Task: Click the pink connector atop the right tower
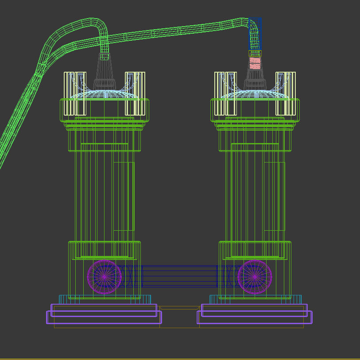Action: click(x=255, y=63)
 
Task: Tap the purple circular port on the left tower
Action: click(x=104, y=276)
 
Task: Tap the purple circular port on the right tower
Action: click(x=255, y=276)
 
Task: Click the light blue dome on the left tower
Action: click(x=104, y=94)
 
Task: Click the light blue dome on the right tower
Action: click(x=255, y=94)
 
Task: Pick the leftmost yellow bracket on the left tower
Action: click(x=69, y=93)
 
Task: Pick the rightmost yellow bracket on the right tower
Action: click(x=291, y=93)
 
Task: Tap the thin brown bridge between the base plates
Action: click(x=179, y=308)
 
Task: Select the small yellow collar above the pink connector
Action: click(x=255, y=54)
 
